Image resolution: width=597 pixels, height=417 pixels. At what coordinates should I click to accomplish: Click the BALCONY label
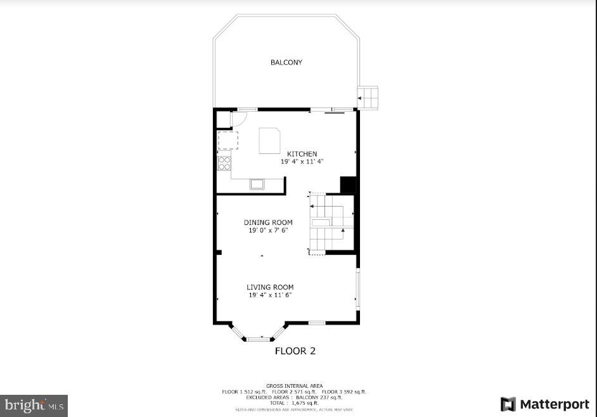(x=286, y=62)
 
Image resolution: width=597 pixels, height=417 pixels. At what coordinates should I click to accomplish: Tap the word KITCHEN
(x=302, y=154)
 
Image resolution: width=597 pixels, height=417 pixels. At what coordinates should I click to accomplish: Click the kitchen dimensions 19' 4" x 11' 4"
(x=302, y=162)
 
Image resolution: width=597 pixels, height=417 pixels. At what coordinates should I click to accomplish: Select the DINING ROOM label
(x=269, y=222)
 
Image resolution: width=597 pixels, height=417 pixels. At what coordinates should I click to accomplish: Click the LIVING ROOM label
(x=270, y=287)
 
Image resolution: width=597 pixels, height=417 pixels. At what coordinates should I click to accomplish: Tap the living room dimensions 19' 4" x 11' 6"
(x=270, y=295)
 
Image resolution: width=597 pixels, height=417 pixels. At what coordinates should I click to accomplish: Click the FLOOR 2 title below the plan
(x=295, y=350)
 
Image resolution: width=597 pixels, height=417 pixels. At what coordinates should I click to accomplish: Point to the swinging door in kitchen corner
(x=240, y=119)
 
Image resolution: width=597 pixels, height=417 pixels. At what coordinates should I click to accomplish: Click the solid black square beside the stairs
(x=348, y=184)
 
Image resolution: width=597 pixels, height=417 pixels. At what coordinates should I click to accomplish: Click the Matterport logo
(x=544, y=404)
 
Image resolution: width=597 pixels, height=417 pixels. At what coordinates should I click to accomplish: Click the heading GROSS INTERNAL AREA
(x=294, y=386)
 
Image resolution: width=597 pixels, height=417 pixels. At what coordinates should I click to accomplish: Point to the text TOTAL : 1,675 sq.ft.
(x=294, y=403)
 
